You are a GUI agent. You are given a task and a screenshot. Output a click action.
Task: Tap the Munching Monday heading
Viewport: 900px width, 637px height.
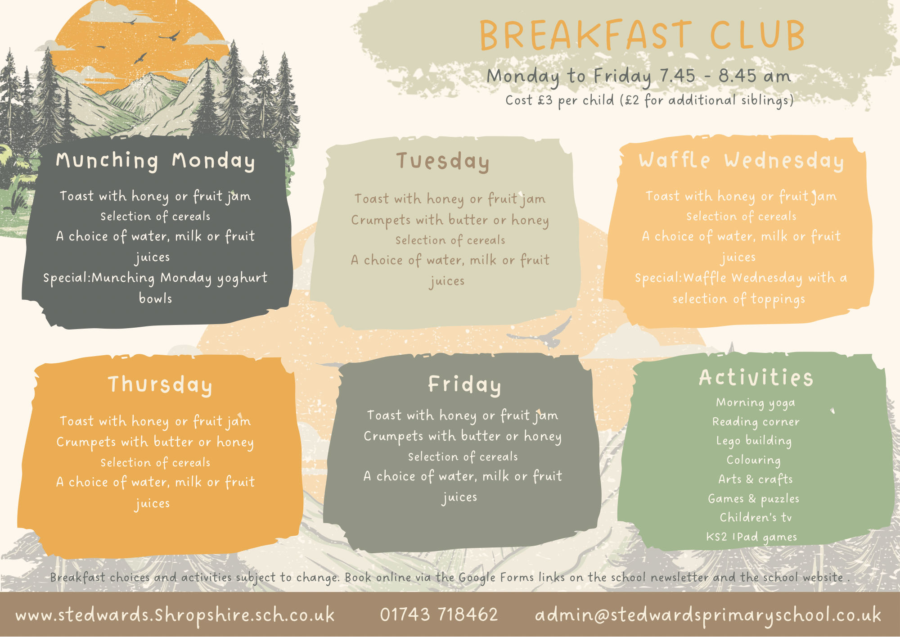(x=155, y=161)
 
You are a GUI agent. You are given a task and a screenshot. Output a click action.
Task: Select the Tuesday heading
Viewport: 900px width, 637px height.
(x=443, y=161)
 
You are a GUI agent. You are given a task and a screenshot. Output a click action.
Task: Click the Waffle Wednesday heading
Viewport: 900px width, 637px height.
(x=741, y=161)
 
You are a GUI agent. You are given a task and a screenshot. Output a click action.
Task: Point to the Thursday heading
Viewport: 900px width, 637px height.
(x=160, y=385)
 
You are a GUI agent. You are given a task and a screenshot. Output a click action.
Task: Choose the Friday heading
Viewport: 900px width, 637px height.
(x=464, y=384)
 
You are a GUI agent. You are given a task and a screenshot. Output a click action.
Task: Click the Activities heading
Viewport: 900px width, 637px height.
(x=756, y=377)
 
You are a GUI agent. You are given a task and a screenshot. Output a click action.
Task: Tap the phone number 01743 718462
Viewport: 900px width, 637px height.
(x=439, y=614)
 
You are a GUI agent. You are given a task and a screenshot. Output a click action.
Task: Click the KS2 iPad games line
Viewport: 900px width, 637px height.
(x=751, y=537)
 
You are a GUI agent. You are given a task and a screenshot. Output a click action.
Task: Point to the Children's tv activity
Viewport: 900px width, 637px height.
(x=756, y=517)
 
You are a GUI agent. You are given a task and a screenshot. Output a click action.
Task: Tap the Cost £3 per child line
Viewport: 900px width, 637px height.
(x=649, y=100)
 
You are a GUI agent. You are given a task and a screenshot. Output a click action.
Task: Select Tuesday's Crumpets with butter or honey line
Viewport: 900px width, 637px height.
(x=450, y=221)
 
